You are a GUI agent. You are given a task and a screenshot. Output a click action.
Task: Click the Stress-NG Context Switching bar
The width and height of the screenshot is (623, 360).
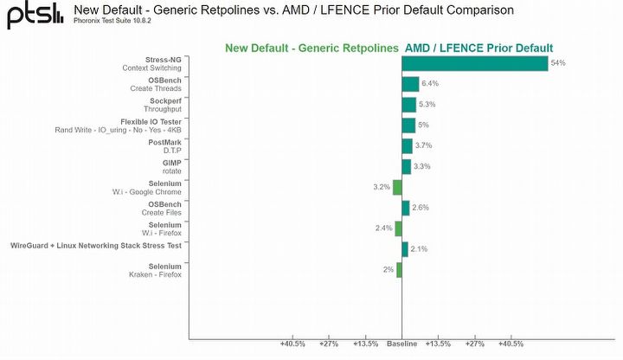(x=474, y=63)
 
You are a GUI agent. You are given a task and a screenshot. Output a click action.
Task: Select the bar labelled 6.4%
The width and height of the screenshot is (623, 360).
(x=410, y=84)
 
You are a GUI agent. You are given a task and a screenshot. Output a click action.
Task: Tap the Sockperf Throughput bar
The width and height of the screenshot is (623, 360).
(x=408, y=105)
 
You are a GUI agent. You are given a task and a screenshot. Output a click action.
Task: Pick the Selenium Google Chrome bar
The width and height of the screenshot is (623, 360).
(x=397, y=187)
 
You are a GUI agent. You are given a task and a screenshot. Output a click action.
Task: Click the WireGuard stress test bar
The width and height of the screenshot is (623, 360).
(x=404, y=249)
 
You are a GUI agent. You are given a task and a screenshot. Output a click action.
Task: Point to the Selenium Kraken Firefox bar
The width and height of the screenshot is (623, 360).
(x=399, y=270)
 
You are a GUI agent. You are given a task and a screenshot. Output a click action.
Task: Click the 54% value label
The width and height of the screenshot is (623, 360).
(x=558, y=63)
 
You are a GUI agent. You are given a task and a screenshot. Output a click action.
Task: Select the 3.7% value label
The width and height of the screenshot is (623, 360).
(x=423, y=145)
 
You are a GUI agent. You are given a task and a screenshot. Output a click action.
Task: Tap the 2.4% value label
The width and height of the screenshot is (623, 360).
(x=384, y=228)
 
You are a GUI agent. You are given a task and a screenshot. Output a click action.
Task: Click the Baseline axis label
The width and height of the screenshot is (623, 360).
(x=401, y=344)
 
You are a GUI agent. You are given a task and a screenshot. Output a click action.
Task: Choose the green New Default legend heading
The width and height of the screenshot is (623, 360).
(x=311, y=48)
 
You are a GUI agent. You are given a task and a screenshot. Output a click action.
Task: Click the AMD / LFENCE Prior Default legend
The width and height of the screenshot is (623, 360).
(x=478, y=48)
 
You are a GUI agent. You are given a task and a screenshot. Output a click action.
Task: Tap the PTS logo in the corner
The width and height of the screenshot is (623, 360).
(x=35, y=15)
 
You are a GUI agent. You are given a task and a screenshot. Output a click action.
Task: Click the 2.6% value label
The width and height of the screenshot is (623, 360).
(x=421, y=208)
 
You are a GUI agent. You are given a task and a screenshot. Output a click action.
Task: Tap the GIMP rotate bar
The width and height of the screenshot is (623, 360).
(x=406, y=166)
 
